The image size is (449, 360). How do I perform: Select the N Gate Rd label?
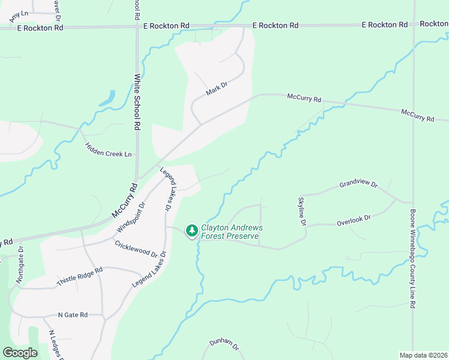click(x=73, y=314)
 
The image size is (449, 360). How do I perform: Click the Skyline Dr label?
click(x=303, y=211)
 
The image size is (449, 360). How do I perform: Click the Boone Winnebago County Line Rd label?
click(x=413, y=258)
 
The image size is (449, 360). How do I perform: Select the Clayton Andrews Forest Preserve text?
click(x=231, y=232)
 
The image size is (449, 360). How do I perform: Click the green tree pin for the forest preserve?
click(x=191, y=230)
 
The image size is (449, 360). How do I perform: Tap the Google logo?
click(x=20, y=353)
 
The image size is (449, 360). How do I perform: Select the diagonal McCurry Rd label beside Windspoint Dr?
click(x=124, y=200)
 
